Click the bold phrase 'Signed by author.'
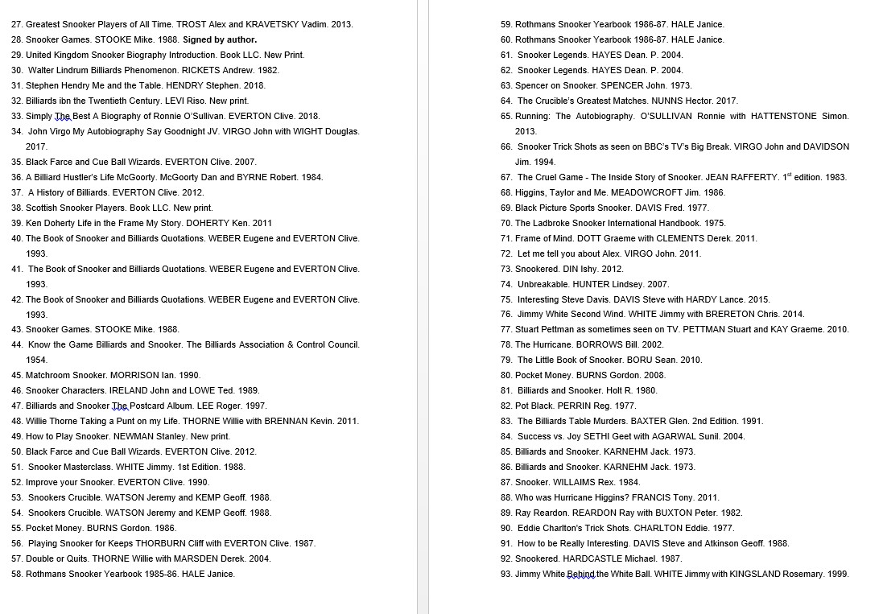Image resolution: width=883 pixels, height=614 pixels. click(x=220, y=39)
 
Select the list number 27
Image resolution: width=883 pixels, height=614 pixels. click(x=16, y=24)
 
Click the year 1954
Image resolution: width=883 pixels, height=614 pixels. click(x=36, y=360)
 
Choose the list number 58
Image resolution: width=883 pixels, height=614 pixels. click(x=16, y=574)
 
